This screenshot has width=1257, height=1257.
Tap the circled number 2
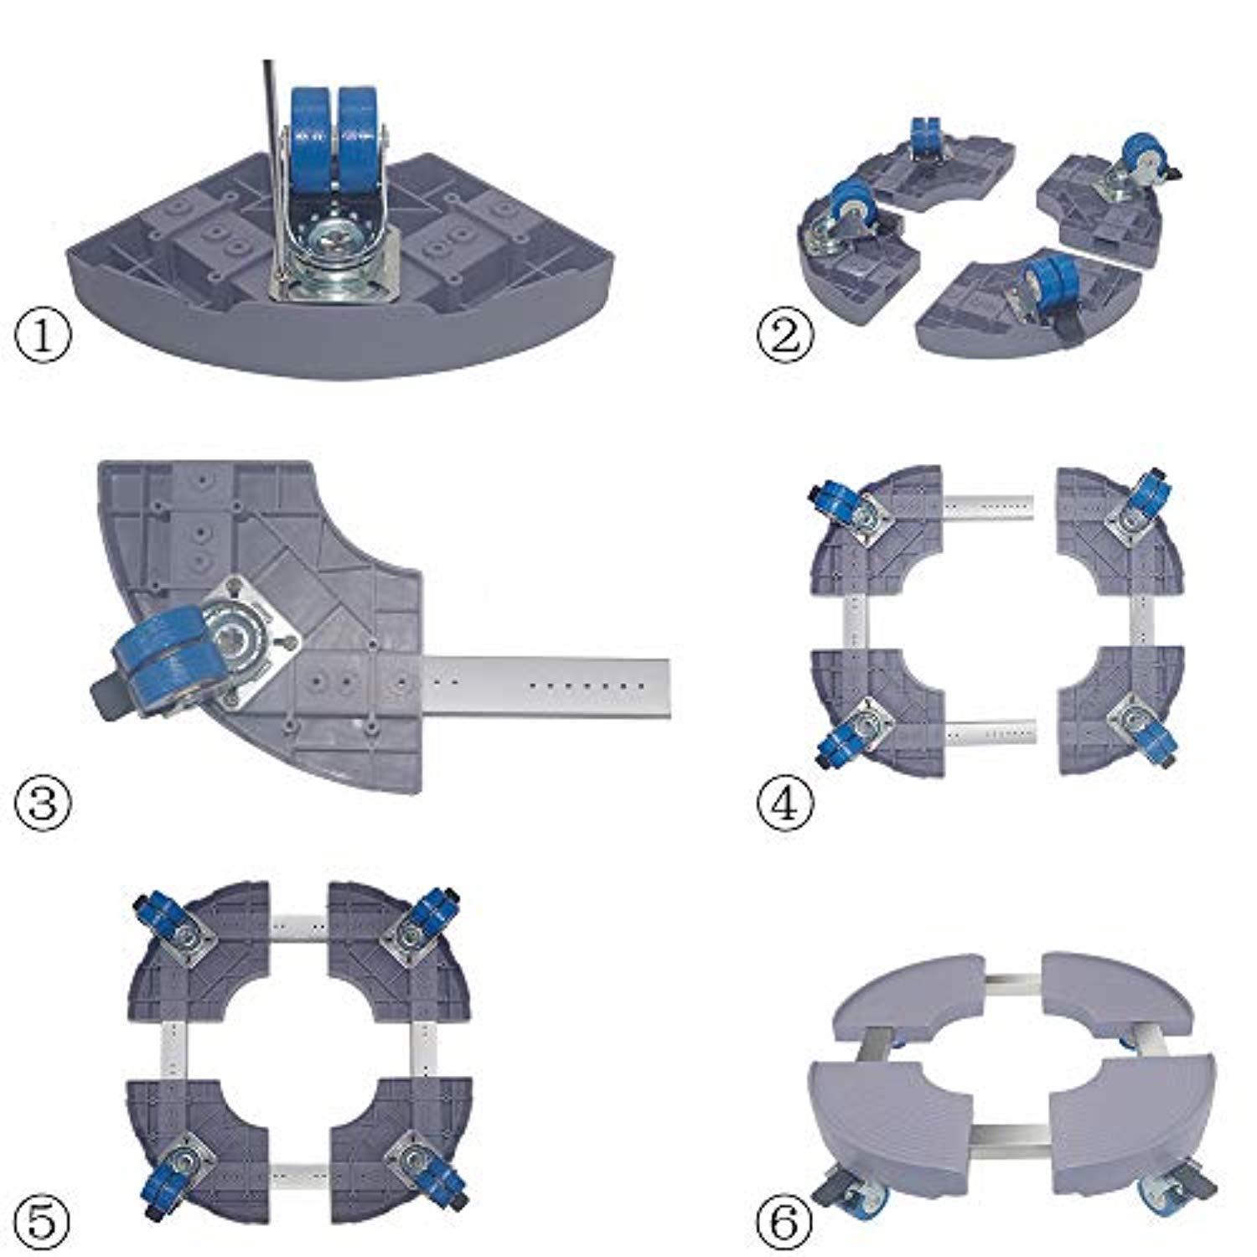coord(785,338)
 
